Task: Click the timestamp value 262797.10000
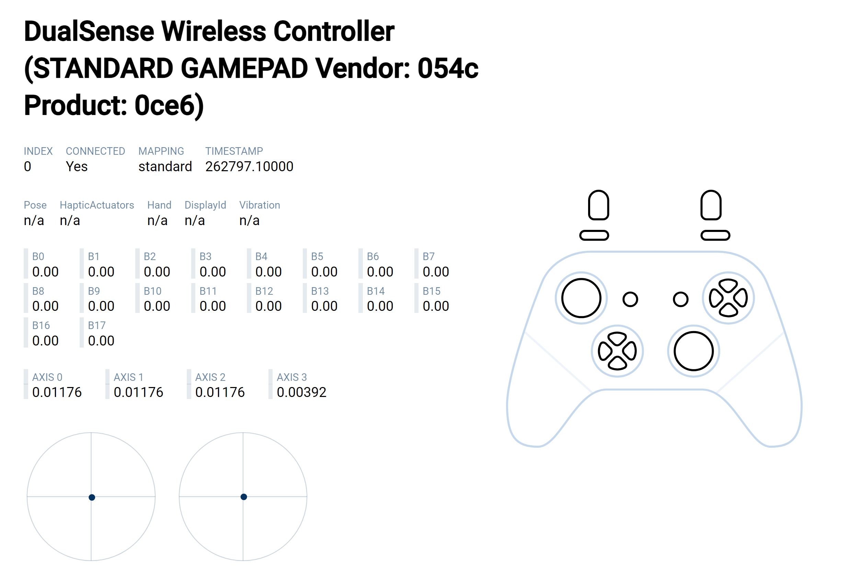249,166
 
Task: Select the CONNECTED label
95,151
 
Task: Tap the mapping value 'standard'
165,166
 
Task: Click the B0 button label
38,256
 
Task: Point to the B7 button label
428,256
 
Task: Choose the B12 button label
264,291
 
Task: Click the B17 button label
97,325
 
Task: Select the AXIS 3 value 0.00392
301,392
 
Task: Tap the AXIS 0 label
47,377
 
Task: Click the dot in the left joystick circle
92,497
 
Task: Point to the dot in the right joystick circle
244,497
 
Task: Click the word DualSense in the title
89,32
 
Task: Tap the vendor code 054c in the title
448,68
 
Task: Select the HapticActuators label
97,205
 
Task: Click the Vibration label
260,205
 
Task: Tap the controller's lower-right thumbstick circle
694,331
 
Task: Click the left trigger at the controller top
598,191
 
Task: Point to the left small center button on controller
630,292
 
